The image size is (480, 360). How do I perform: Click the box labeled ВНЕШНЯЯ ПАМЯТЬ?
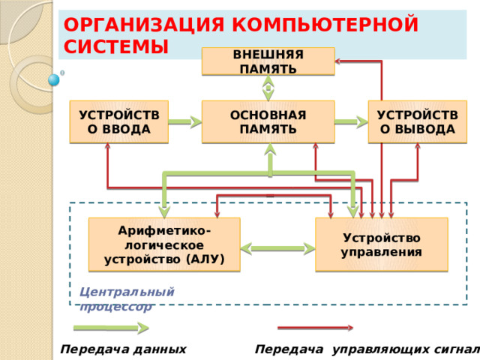point(268,61)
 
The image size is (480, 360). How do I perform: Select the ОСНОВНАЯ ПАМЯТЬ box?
point(268,121)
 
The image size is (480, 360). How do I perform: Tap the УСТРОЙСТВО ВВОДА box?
point(118,121)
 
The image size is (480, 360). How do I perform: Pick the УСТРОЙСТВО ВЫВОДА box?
point(417,121)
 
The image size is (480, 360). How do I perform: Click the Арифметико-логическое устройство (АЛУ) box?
point(163,244)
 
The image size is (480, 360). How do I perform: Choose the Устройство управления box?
point(381,244)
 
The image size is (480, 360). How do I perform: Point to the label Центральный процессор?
point(126,298)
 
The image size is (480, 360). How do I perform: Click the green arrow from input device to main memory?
point(185,121)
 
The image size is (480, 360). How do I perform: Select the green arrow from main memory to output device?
point(351,121)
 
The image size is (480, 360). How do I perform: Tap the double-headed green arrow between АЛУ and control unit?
point(277,246)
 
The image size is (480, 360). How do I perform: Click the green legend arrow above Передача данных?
point(110,328)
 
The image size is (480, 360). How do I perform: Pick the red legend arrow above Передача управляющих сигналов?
point(315,328)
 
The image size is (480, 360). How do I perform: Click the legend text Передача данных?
point(123,349)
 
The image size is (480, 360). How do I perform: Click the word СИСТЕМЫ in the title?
point(115,46)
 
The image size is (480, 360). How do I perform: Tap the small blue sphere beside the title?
point(54,79)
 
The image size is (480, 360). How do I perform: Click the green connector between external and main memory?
point(268,88)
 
